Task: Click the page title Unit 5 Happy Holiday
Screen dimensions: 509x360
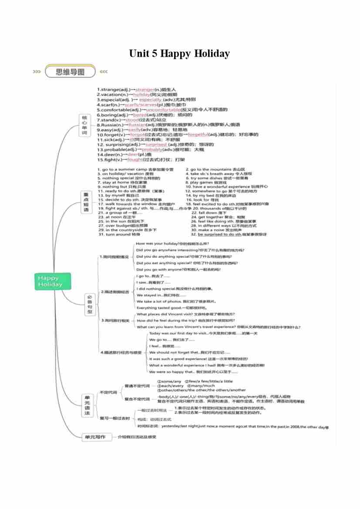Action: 179,54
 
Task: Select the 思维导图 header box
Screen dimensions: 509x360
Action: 70,72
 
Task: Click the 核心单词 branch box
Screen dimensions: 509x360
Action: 84,125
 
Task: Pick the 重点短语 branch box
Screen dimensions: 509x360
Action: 86,202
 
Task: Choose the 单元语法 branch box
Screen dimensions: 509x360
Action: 87,405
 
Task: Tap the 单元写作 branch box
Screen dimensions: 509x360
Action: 94,437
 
